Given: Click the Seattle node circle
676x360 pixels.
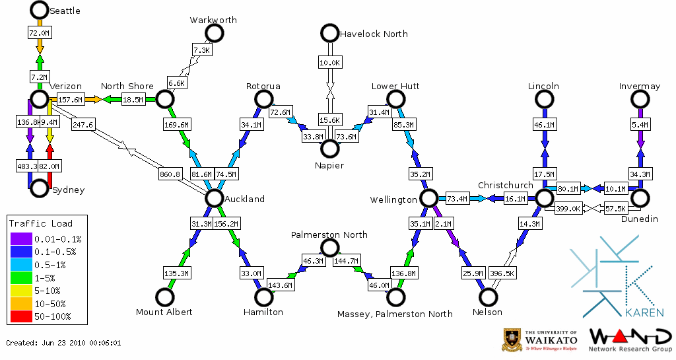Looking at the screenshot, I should (40, 10).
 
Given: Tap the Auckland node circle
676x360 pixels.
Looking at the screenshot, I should (214, 198).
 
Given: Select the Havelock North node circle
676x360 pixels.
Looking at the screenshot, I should (329, 33).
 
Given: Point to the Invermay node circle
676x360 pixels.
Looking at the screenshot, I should (639, 99).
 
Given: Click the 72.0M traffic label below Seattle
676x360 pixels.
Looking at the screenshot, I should (40, 33).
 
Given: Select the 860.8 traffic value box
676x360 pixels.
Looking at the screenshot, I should (170, 175).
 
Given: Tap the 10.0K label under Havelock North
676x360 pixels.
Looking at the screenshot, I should (329, 63).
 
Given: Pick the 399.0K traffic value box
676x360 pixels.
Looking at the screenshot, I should (568, 209).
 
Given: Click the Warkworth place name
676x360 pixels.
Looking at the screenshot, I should (213, 20).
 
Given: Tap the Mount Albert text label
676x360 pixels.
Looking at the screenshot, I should (164, 312).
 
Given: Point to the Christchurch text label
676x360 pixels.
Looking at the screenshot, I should (505, 186).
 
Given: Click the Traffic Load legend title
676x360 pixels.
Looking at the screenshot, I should (40, 223).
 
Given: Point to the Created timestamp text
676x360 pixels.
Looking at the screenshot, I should (63, 343).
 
